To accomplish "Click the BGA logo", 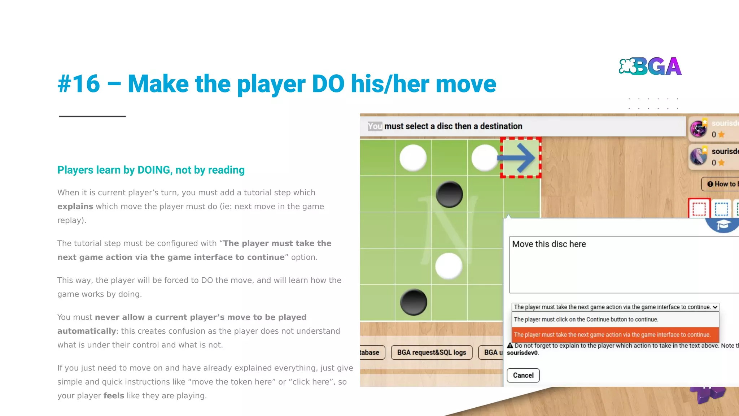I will (x=650, y=66).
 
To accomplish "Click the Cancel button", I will (x=523, y=375).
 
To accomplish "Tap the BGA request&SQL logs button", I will (x=431, y=352).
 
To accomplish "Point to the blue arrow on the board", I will (x=516, y=158).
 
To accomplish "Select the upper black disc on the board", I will (x=449, y=194).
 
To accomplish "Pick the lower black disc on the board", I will (x=414, y=302).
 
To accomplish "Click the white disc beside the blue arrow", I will (x=484, y=158).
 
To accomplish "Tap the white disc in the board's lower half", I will (x=449, y=266).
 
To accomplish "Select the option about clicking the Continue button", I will (x=586, y=320).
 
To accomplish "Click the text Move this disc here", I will (x=549, y=244).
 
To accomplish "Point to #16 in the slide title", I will (x=79, y=84).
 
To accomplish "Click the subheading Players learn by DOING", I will (x=151, y=170).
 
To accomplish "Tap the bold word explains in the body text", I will (x=75, y=207).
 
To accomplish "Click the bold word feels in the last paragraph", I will (x=114, y=396).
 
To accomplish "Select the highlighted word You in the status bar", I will (x=375, y=126).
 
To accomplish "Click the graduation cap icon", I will (x=723, y=225).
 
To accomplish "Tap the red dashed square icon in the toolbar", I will (x=699, y=209).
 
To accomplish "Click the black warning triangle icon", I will (x=510, y=346).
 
